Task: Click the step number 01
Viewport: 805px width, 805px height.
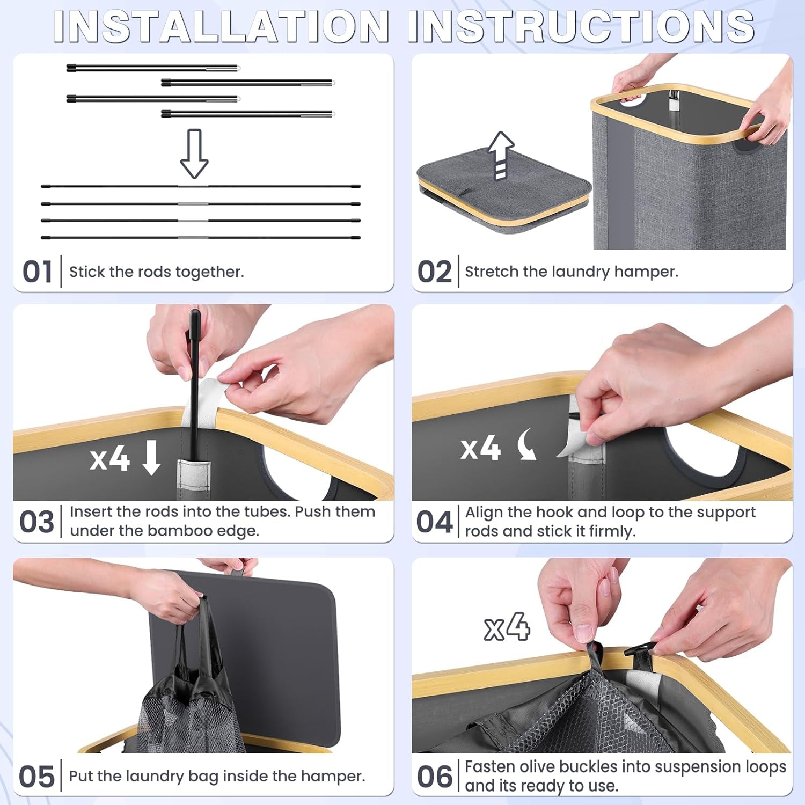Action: (37, 272)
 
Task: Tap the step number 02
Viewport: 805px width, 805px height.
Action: (434, 272)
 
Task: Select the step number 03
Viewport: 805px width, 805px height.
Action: (36, 522)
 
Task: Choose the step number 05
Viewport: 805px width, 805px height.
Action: (36, 777)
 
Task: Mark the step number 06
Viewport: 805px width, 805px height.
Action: (434, 777)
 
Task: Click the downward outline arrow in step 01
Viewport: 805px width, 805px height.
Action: (194, 153)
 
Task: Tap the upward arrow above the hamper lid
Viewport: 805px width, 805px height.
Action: (501, 155)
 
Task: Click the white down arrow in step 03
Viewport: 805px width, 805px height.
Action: (151, 457)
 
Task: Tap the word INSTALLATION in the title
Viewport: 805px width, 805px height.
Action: (221, 26)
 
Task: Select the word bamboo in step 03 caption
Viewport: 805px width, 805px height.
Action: (180, 531)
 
